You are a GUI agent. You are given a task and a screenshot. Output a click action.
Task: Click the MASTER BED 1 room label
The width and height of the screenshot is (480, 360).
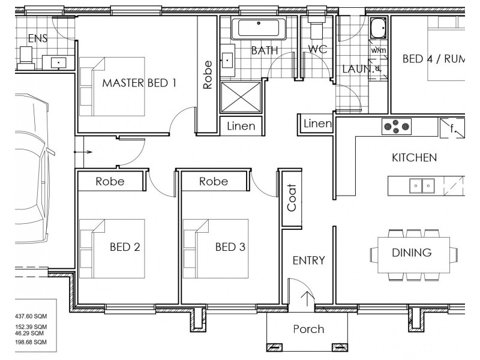click(139, 83)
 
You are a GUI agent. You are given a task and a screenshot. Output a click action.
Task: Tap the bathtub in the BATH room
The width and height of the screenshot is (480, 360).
click(259, 28)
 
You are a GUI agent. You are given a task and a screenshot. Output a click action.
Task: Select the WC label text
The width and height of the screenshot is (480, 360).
click(317, 49)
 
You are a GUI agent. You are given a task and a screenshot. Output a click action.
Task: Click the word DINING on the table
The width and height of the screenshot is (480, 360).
click(412, 253)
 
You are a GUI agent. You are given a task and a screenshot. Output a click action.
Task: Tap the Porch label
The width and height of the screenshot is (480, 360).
click(308, 329)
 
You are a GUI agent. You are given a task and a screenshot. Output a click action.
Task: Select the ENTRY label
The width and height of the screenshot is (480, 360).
click(308, 260)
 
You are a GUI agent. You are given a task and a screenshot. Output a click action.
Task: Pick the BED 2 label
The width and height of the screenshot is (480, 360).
click(125, 247)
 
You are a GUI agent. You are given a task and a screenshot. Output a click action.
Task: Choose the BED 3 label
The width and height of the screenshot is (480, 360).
click(230, 247)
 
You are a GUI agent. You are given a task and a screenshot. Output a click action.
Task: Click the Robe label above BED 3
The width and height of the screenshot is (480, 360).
click(214, 181)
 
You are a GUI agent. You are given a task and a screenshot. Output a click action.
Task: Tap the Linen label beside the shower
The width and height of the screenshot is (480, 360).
click(241, 127)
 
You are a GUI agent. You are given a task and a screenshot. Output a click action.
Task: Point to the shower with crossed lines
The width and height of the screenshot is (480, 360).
click(242, 97)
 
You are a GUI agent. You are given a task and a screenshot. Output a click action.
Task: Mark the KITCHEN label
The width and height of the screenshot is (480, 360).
click(414, 158)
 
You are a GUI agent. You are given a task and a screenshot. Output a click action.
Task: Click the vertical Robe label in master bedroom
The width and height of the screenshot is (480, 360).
click(208, 75)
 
